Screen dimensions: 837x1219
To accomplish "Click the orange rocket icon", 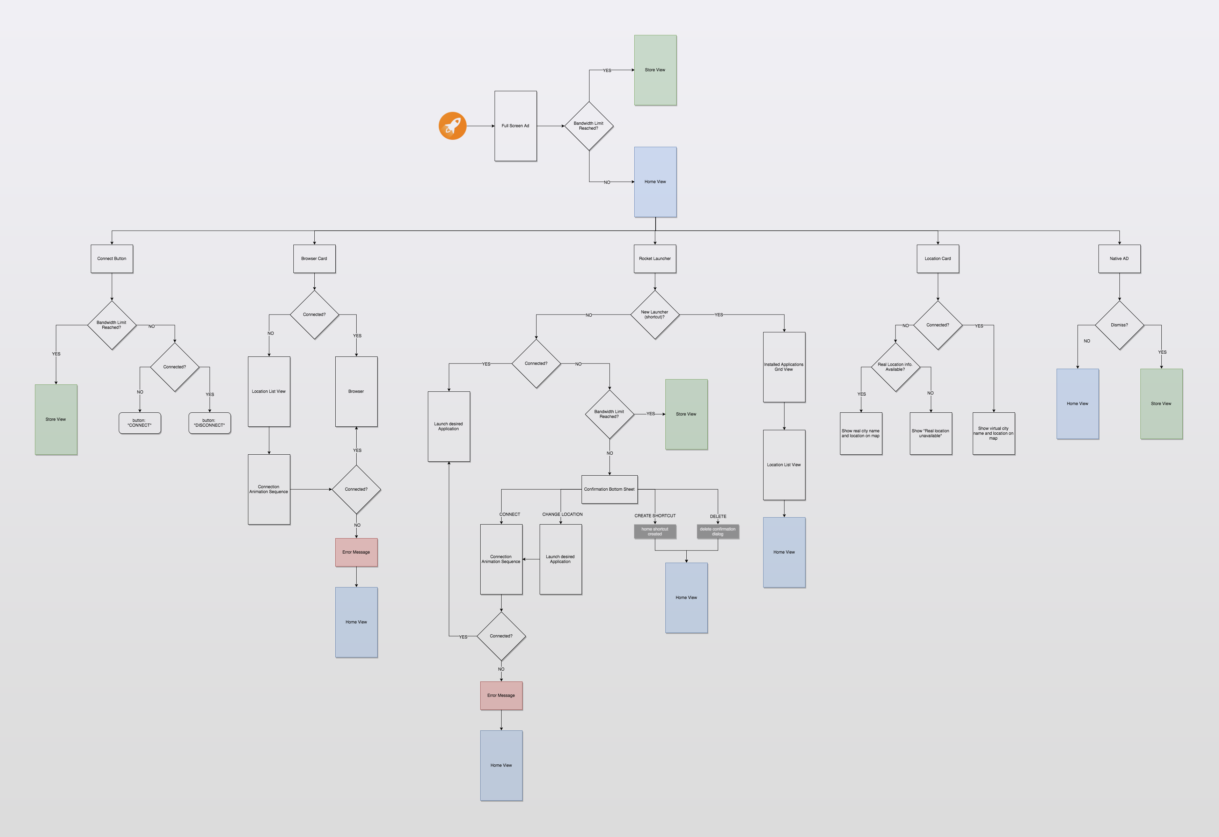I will point(452,126).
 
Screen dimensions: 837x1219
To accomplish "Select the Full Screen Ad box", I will point(515,126).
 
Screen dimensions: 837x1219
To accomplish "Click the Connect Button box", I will point(112,259).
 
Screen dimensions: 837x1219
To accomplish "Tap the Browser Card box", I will point(314,259).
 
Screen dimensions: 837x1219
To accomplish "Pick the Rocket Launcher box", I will point(655,259).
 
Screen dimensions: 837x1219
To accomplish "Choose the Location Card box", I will point(937,259).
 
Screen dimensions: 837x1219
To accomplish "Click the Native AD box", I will point(1119,259).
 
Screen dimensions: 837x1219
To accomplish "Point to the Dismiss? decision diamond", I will point(1119,325).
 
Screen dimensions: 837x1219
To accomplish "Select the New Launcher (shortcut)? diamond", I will point(655,315).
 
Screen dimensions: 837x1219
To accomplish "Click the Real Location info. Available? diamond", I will point(895,367).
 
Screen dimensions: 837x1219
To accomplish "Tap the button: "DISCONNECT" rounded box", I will point(209,423).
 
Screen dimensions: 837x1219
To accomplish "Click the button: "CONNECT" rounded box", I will point(139,423).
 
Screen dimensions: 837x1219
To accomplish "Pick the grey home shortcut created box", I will point(655,532).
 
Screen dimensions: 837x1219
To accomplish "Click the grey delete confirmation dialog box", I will point(717,532).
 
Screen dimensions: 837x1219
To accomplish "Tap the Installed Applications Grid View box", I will point(784,367).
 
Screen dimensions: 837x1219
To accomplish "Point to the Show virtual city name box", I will point(993,433).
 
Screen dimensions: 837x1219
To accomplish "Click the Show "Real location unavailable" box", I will point(930,433).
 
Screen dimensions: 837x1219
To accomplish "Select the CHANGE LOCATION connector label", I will point(562,514).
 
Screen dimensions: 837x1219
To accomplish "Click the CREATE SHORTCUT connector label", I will point(655,516).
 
